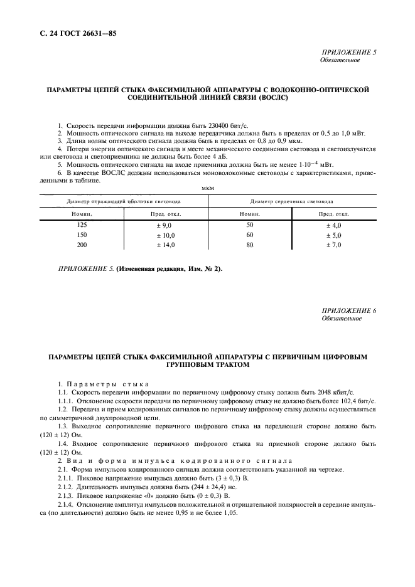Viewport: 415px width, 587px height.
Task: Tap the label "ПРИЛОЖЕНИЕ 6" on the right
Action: point(348,311)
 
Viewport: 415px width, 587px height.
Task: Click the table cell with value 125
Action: point(82,224)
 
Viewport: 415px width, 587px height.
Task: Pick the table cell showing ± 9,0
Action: point(166,224)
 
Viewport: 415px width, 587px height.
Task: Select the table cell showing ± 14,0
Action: point(166,245)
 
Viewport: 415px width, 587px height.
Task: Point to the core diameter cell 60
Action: point(250,235)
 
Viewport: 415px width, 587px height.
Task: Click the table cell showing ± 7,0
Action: point(333,245)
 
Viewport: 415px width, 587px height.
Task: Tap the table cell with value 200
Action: point(82,245)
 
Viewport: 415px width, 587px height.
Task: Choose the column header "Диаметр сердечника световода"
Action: point(291,201)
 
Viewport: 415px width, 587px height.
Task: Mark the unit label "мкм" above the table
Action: point(207,187)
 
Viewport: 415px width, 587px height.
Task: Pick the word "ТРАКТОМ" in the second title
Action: point(229,364)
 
